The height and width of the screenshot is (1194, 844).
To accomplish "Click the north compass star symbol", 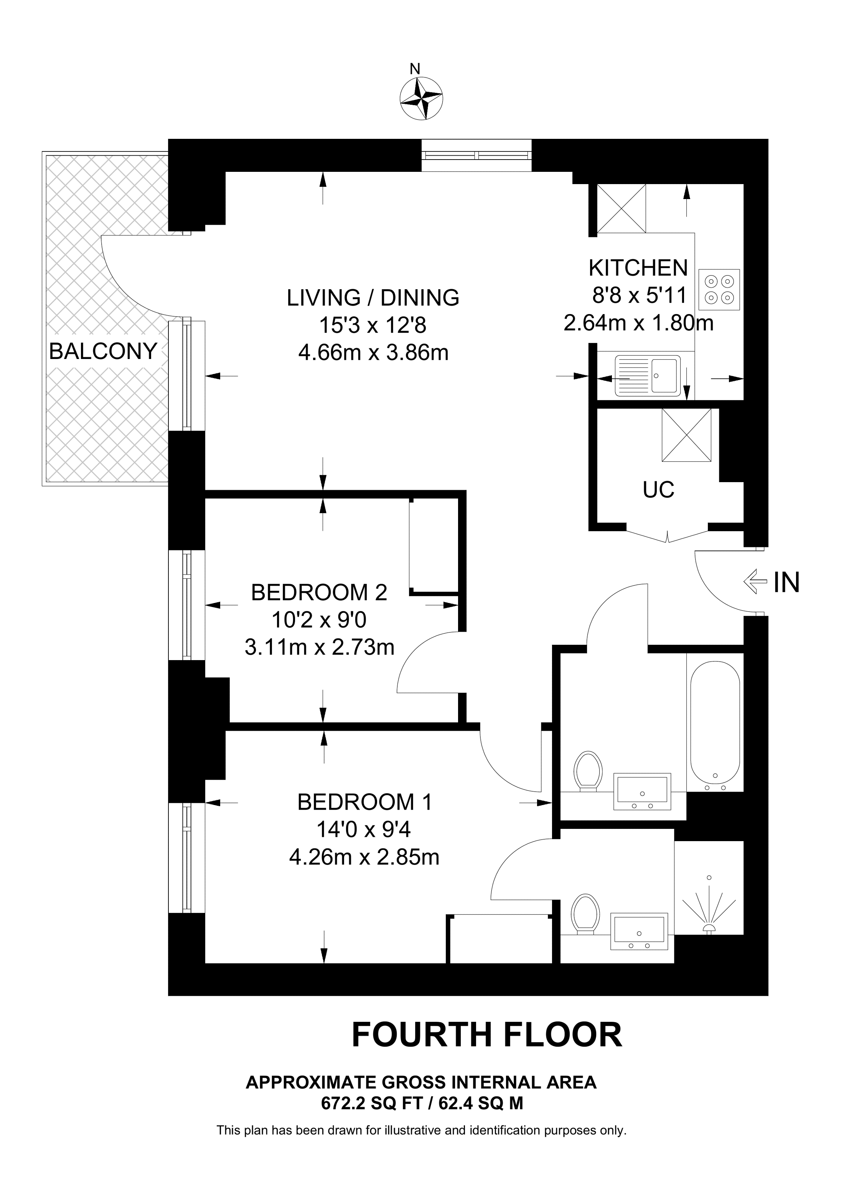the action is (x=421, y=98).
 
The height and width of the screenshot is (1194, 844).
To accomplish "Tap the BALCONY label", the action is (x=103, y=352).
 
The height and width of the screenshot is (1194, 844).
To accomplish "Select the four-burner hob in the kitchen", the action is (x=719, y=290).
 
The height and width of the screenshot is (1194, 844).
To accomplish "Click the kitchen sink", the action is (x=648, y=375).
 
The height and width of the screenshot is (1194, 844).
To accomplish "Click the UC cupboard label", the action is (x=658, y=490).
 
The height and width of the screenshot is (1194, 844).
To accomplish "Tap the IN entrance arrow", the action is (x=756, y=582).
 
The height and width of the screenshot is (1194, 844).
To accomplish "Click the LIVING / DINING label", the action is (x=373, y=298).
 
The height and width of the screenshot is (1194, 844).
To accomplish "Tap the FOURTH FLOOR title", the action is (x=487, y=1035).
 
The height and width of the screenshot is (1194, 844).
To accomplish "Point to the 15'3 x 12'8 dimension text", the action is (x=373, y=326).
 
